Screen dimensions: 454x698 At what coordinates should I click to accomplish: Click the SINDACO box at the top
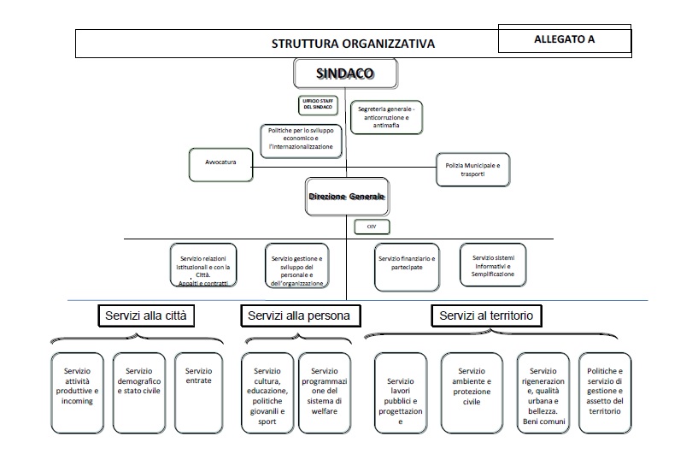coord(345,74)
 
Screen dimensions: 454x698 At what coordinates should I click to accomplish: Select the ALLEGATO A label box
coord(564,39)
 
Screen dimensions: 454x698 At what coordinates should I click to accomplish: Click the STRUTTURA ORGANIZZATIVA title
coord(353,44)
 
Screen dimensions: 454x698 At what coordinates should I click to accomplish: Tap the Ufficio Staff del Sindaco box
coord(318,104)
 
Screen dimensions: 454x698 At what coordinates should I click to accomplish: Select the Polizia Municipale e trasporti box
coord(472,168)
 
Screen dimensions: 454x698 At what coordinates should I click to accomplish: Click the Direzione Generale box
coord(347,197)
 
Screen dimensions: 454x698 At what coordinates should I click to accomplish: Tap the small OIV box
coord(372,227)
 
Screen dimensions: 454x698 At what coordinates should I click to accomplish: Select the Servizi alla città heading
coord(144,315)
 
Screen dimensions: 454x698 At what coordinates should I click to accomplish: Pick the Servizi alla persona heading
coord(299,315)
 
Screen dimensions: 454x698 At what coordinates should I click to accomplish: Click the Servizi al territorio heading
coord(486,315)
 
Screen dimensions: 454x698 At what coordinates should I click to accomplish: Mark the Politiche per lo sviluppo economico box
coord(302,141)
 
